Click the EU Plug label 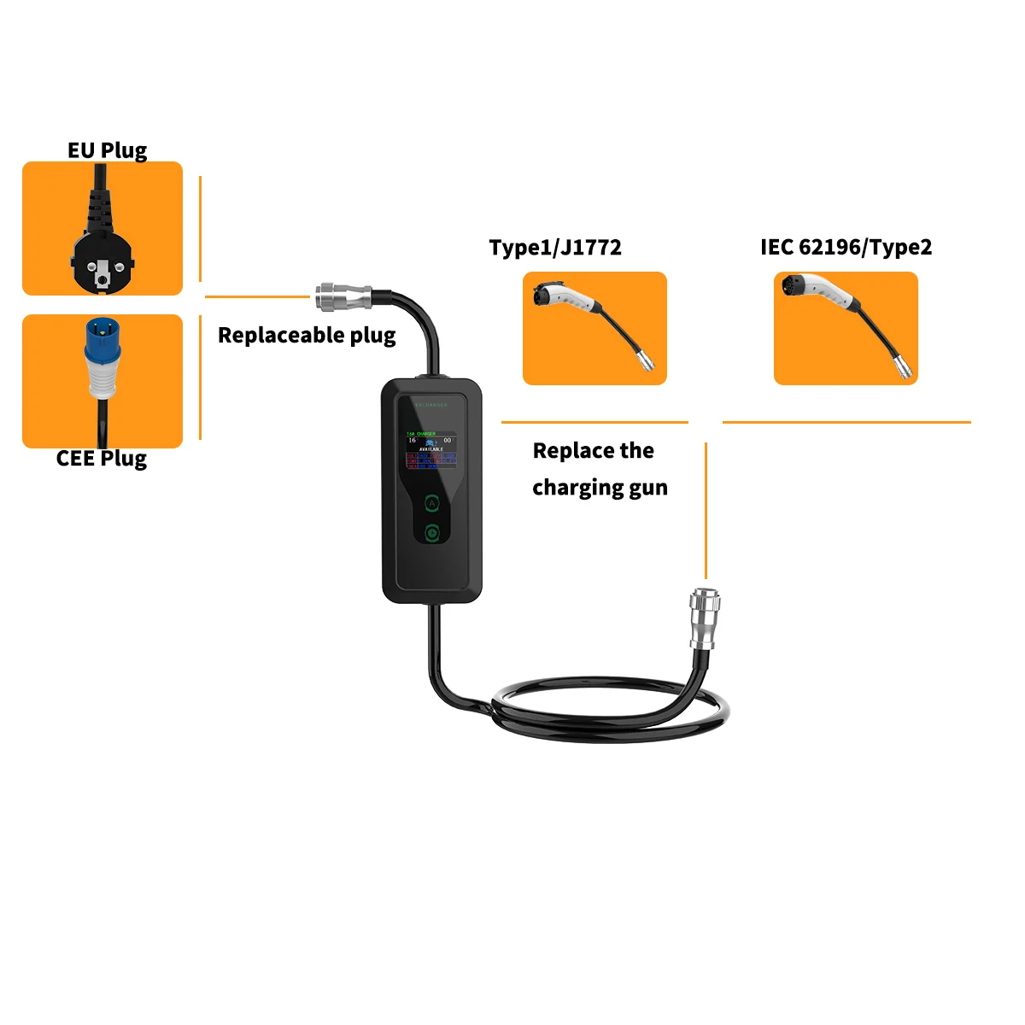[108, 150]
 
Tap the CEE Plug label [102, 459]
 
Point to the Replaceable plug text [307, 335]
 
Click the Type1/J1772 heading [555, 248]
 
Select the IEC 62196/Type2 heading [846, 248]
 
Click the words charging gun [600, 488]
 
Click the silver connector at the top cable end [343, 297]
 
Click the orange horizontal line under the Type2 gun [846, 422]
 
